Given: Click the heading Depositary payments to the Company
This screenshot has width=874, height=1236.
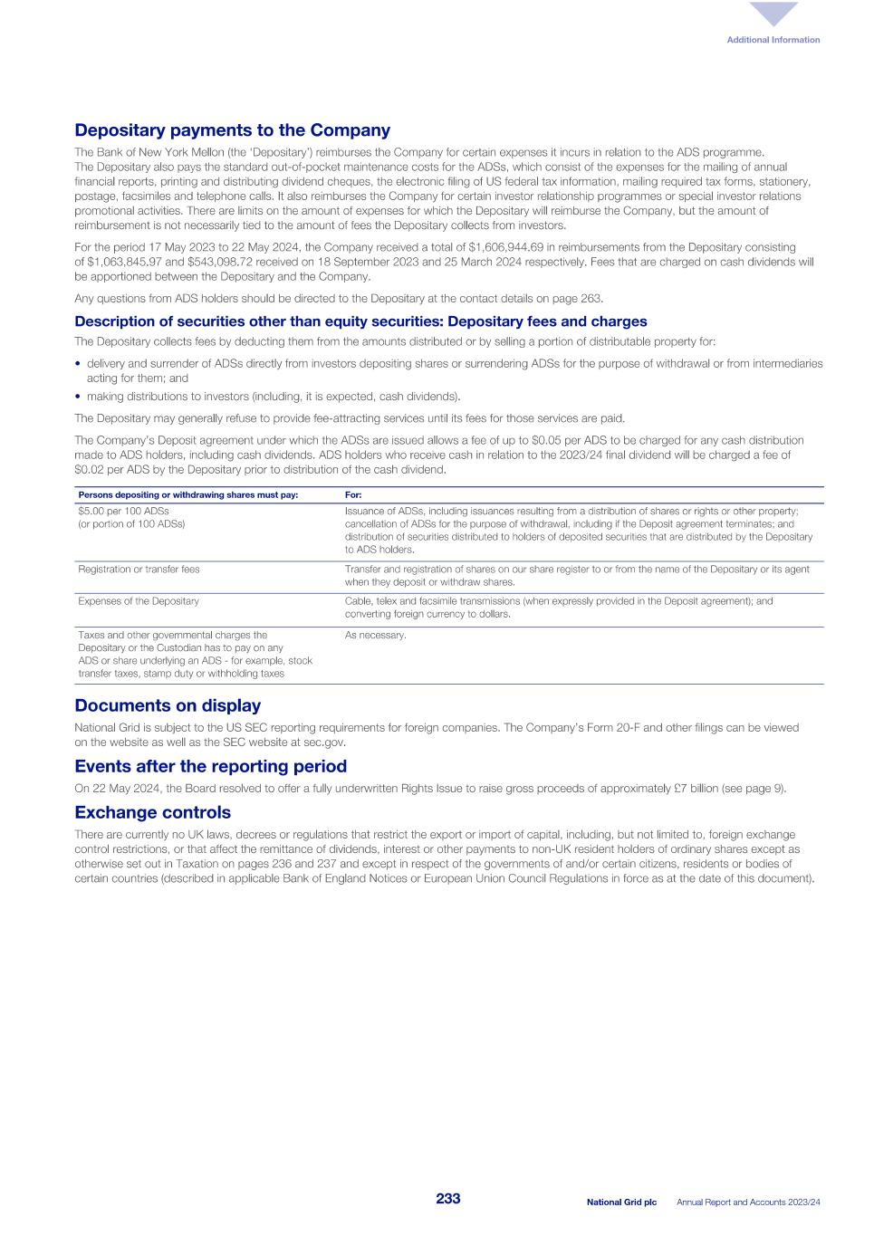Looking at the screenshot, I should tap(232, 130).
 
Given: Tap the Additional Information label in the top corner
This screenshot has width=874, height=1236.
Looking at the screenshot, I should tap(773, 40).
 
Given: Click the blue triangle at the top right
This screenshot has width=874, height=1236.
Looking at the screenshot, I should tap(773, 14).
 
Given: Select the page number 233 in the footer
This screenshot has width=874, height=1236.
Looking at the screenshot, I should tap(447, 1199).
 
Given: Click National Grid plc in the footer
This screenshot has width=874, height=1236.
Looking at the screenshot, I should tap(621, 1202).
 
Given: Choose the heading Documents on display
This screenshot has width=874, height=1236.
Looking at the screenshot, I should tap(168, 705).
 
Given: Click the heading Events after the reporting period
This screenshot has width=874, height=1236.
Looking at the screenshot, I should tap(210, 766).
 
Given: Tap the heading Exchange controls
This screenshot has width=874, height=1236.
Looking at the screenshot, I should tap(152, 812).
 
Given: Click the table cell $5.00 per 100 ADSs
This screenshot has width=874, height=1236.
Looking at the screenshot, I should tap(123, 512).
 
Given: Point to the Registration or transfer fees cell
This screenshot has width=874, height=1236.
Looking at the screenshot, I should tap(139, 570).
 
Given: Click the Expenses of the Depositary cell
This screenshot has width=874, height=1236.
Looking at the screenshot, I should tap(139, 601).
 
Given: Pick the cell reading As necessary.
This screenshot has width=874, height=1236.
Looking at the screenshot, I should tap(375, 636).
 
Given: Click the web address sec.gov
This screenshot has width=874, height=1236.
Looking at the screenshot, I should tap(327, 743).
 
